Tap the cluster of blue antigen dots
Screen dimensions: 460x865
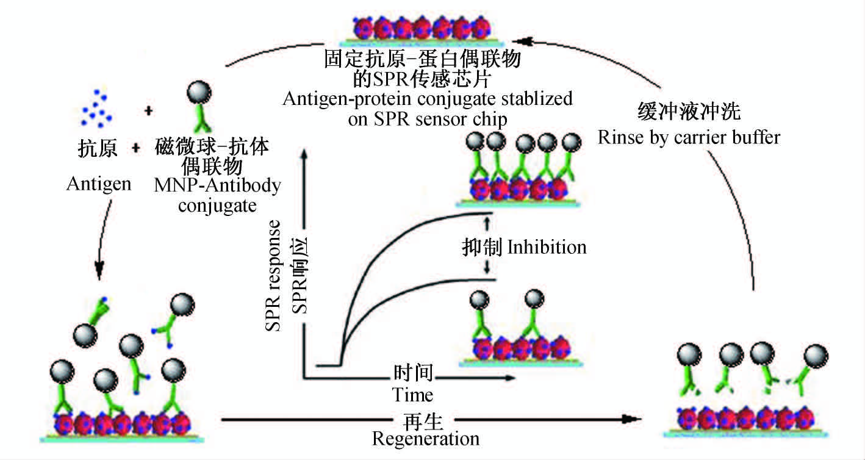tap(97, 107)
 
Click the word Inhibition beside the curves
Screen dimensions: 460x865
tap(547, 246)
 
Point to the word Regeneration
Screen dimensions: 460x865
tap(425, 438)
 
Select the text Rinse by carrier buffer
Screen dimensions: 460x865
tap(688, 137)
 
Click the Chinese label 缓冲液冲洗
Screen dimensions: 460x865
tap(688, 112)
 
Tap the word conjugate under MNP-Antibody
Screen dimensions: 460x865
tap(217, 205)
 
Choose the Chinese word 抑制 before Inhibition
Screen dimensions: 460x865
tap(481, 246)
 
